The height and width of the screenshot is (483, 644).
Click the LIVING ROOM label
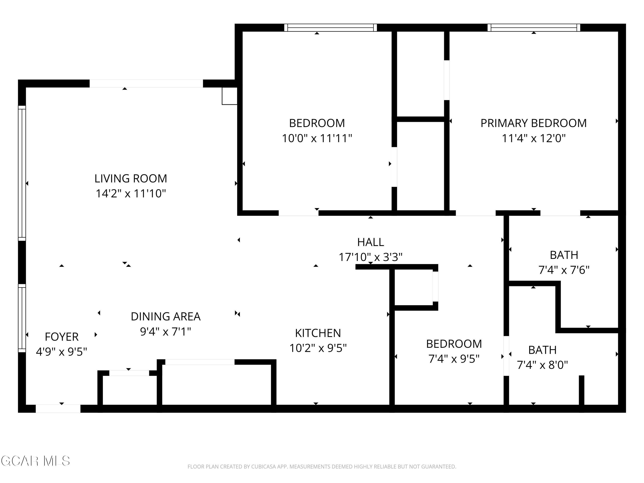[131, 178]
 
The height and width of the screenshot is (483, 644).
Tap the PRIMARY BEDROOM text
[533, 123]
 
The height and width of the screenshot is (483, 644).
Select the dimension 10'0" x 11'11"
[317, 138]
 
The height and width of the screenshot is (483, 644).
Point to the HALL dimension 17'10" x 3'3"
[370, 257]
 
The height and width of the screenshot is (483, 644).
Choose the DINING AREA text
[165, 316]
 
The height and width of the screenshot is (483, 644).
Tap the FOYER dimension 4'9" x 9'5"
[61, 352]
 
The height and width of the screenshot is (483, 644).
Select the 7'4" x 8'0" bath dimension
[542, 365]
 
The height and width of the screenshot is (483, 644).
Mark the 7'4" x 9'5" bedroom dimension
[454, 359]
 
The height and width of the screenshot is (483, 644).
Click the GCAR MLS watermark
[35, 461]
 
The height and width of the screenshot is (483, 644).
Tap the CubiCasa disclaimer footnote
[322, 467]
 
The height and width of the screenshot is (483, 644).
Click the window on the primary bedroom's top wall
[534, 28]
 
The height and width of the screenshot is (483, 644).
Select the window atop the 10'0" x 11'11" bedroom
[330, 28]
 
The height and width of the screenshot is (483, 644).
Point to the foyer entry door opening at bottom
[58, 409]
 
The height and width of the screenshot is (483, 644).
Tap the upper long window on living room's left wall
[22, 173]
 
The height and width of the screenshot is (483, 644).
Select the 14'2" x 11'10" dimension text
[131, 194]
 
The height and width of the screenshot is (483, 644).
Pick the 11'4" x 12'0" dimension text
[533, 138]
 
